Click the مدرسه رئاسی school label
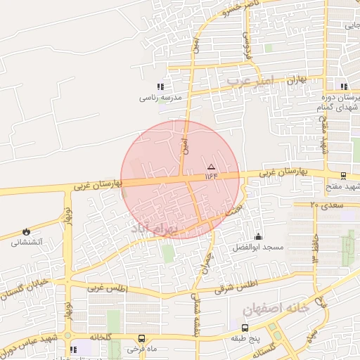[162, 98]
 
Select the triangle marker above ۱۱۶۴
[211, 166]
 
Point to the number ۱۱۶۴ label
[212, 175]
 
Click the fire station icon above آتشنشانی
[27, 231]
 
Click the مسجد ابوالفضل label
[258, 247]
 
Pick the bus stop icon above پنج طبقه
[245, 328]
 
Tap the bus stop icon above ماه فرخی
[142, 338]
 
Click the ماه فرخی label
[142, 349]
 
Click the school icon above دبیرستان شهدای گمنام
[344, 87]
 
